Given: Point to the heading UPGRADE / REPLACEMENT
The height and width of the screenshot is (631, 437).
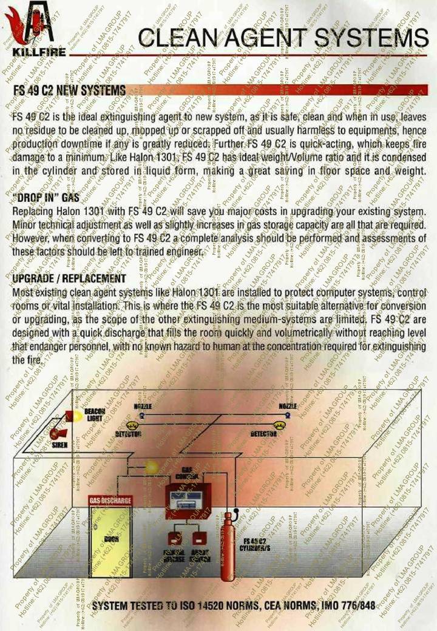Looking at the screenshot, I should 69,278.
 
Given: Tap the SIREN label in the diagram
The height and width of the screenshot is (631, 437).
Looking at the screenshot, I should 59,446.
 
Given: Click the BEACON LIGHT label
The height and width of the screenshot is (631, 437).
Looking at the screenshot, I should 95,415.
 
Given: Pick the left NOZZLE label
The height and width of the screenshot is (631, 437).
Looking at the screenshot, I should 142,406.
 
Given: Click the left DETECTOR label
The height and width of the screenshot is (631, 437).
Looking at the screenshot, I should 128,434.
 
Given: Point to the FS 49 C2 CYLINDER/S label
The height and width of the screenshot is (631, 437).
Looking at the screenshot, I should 256,544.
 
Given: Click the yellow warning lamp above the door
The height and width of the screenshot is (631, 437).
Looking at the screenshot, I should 150,466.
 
